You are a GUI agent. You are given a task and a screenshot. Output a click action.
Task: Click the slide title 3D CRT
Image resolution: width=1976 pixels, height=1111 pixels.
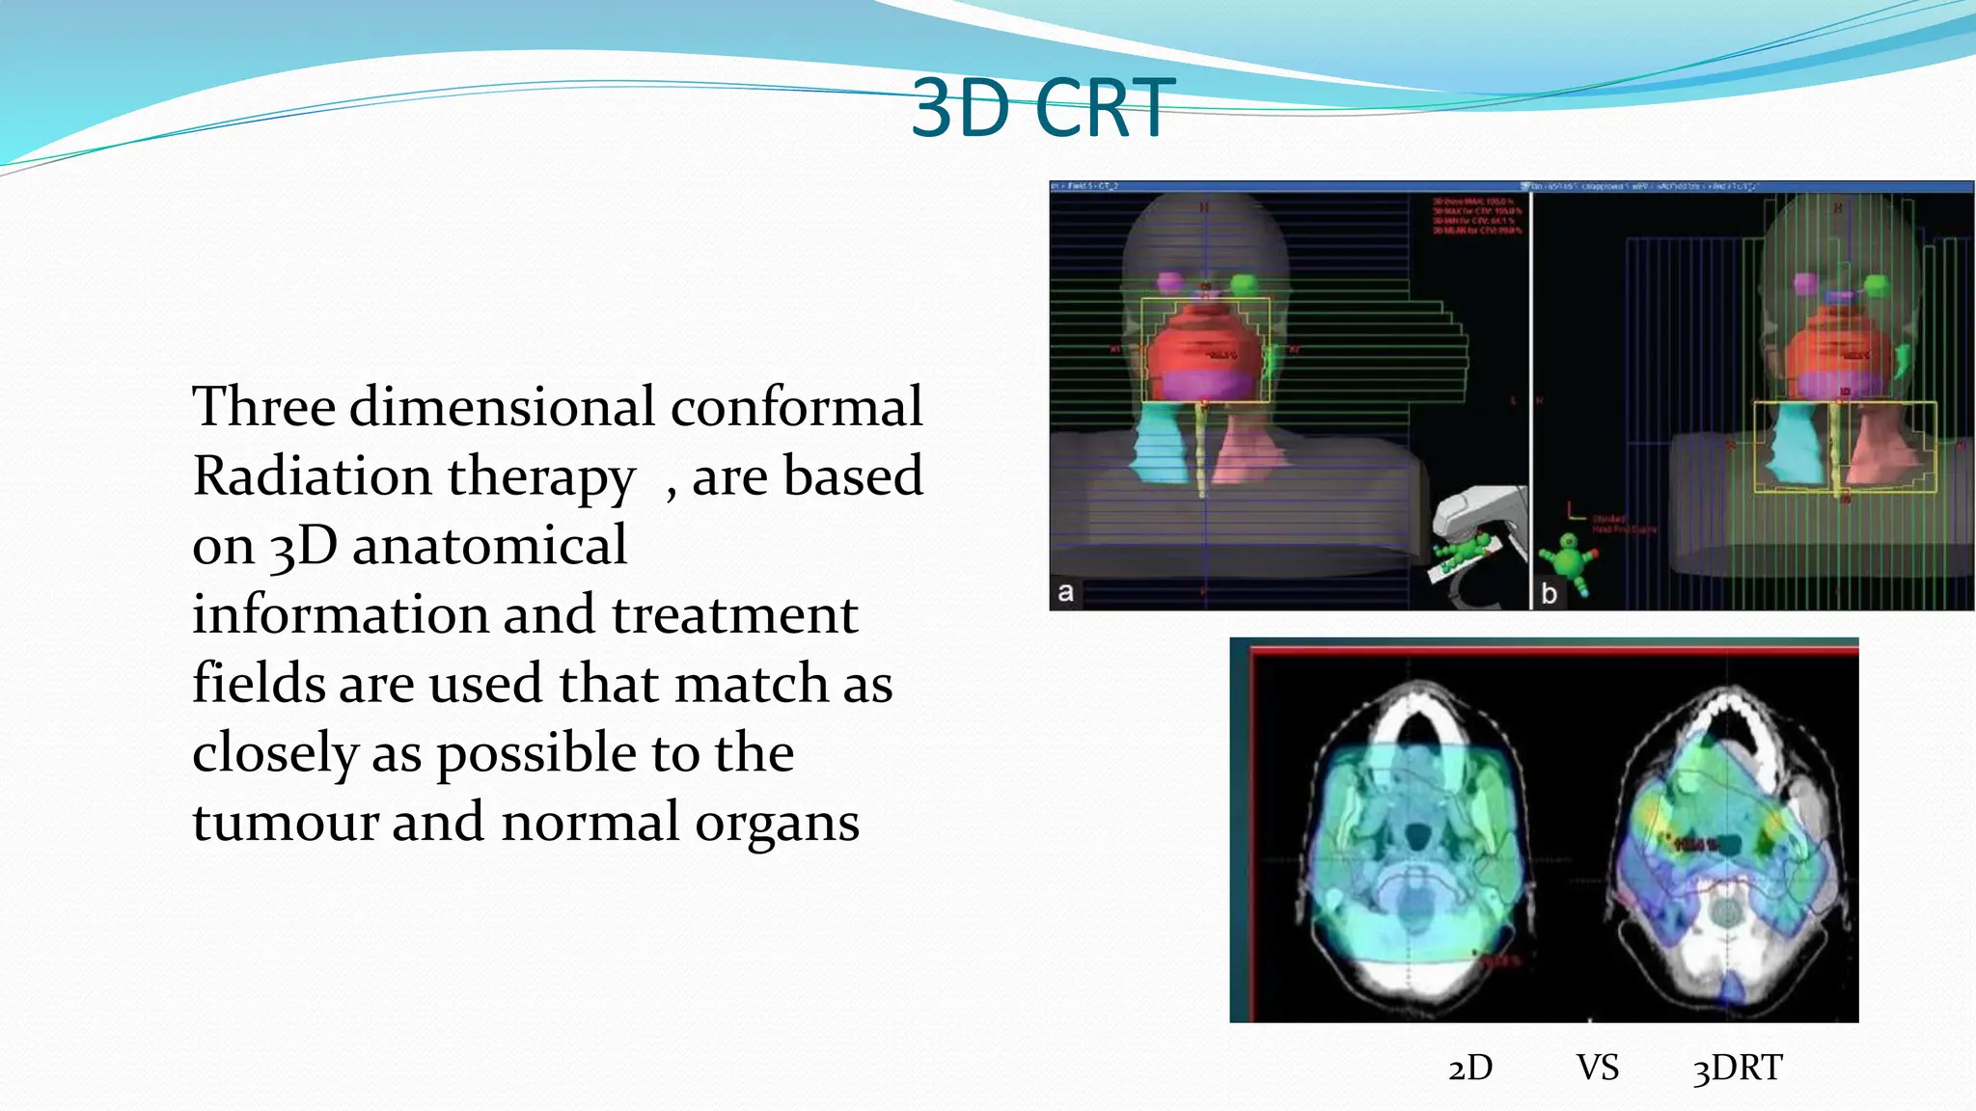click(1042, 108)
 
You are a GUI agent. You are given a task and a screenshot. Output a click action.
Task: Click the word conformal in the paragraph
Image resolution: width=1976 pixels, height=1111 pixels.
click(796, 406)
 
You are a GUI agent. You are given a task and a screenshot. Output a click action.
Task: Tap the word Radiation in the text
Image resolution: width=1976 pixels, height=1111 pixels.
click(312, 475)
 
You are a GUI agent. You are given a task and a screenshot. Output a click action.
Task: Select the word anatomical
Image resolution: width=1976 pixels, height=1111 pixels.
click(489, 545)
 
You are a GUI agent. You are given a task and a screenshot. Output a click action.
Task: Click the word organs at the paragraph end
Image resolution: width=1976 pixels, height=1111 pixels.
click(777, 824)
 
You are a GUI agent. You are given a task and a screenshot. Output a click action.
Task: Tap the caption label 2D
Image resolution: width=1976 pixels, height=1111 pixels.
click(1469, 1068)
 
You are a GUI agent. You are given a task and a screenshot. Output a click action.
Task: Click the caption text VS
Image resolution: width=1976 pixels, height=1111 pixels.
click(1598, 1068)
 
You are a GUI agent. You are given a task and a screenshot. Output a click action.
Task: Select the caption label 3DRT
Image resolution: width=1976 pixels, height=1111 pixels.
click(1737, 1068)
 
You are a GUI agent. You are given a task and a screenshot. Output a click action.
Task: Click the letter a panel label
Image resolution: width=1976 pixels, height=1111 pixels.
click(1065, 591)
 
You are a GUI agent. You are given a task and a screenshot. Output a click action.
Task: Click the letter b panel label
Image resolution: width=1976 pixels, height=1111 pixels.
click(1549, 593)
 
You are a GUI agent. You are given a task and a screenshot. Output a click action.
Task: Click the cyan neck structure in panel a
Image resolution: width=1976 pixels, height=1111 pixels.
click(1158, 444)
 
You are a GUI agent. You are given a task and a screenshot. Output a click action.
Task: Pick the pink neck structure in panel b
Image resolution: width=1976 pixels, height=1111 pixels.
click(1877, 444)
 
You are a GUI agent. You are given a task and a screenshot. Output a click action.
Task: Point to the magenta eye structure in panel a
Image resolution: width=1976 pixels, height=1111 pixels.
click(1169, 282)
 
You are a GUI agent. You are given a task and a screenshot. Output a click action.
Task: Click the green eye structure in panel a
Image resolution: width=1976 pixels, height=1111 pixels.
click(1245, 284)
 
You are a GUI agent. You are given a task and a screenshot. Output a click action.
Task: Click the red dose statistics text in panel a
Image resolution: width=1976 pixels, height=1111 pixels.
click(1476, 216)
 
